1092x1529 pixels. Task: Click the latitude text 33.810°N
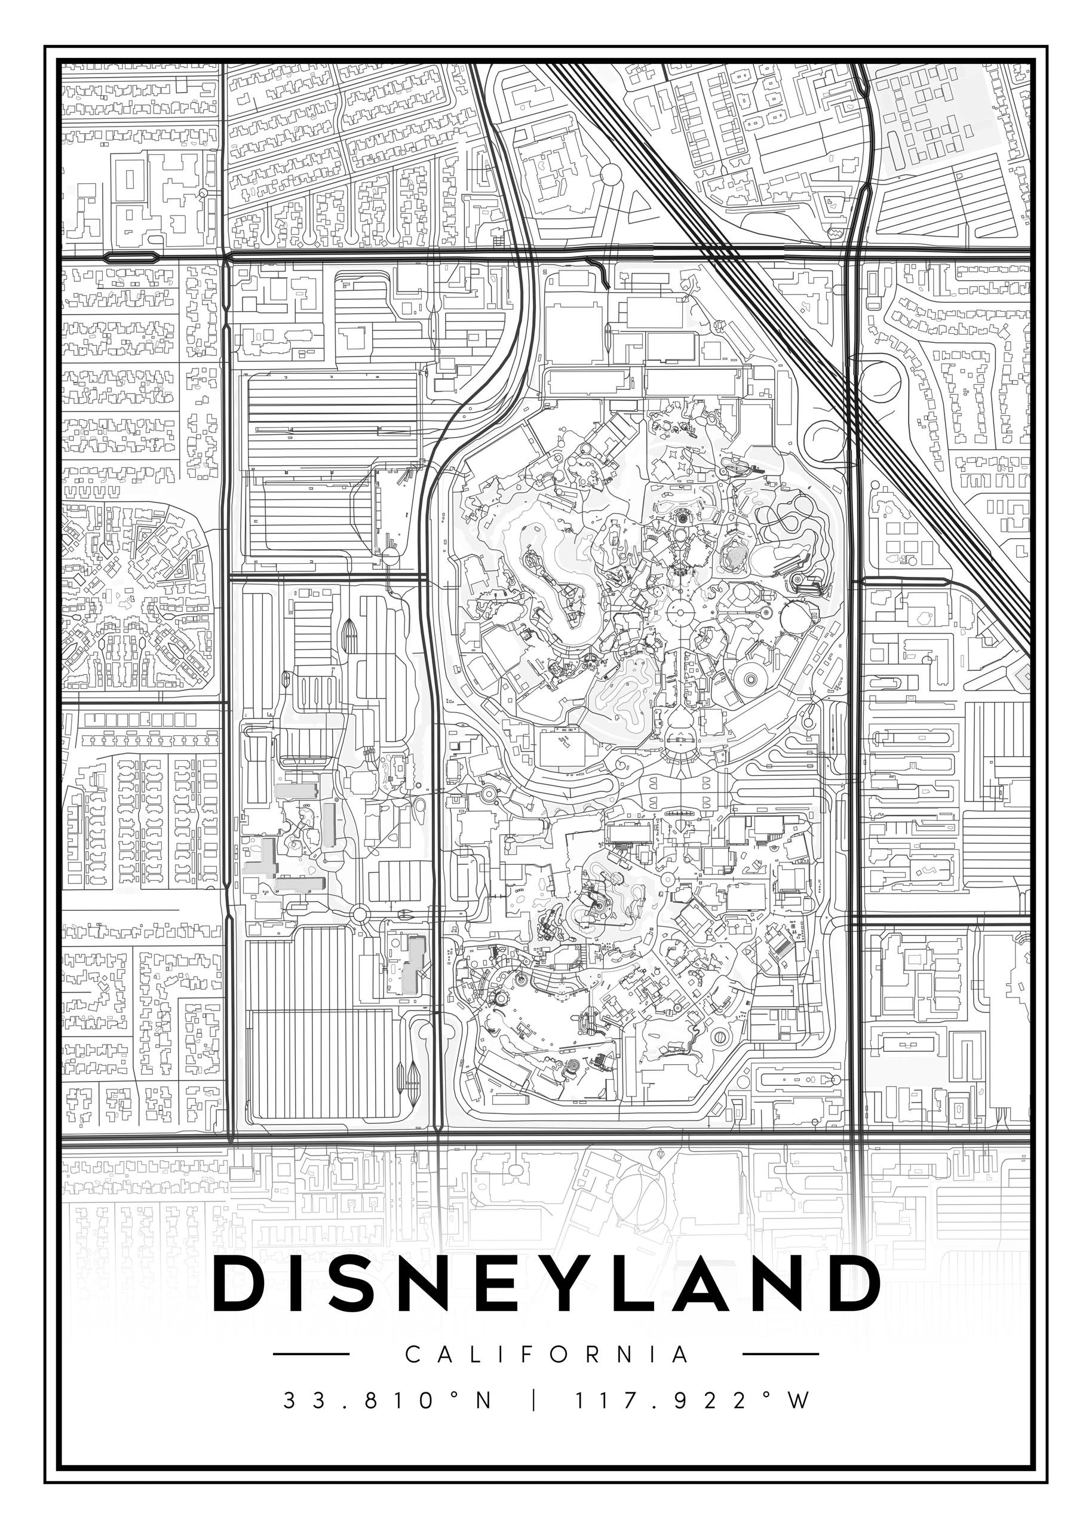click(x=388, y=1401)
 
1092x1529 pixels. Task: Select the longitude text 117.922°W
click(x=691, y=1401)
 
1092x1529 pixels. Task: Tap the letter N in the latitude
click(x=484, y=1401)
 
